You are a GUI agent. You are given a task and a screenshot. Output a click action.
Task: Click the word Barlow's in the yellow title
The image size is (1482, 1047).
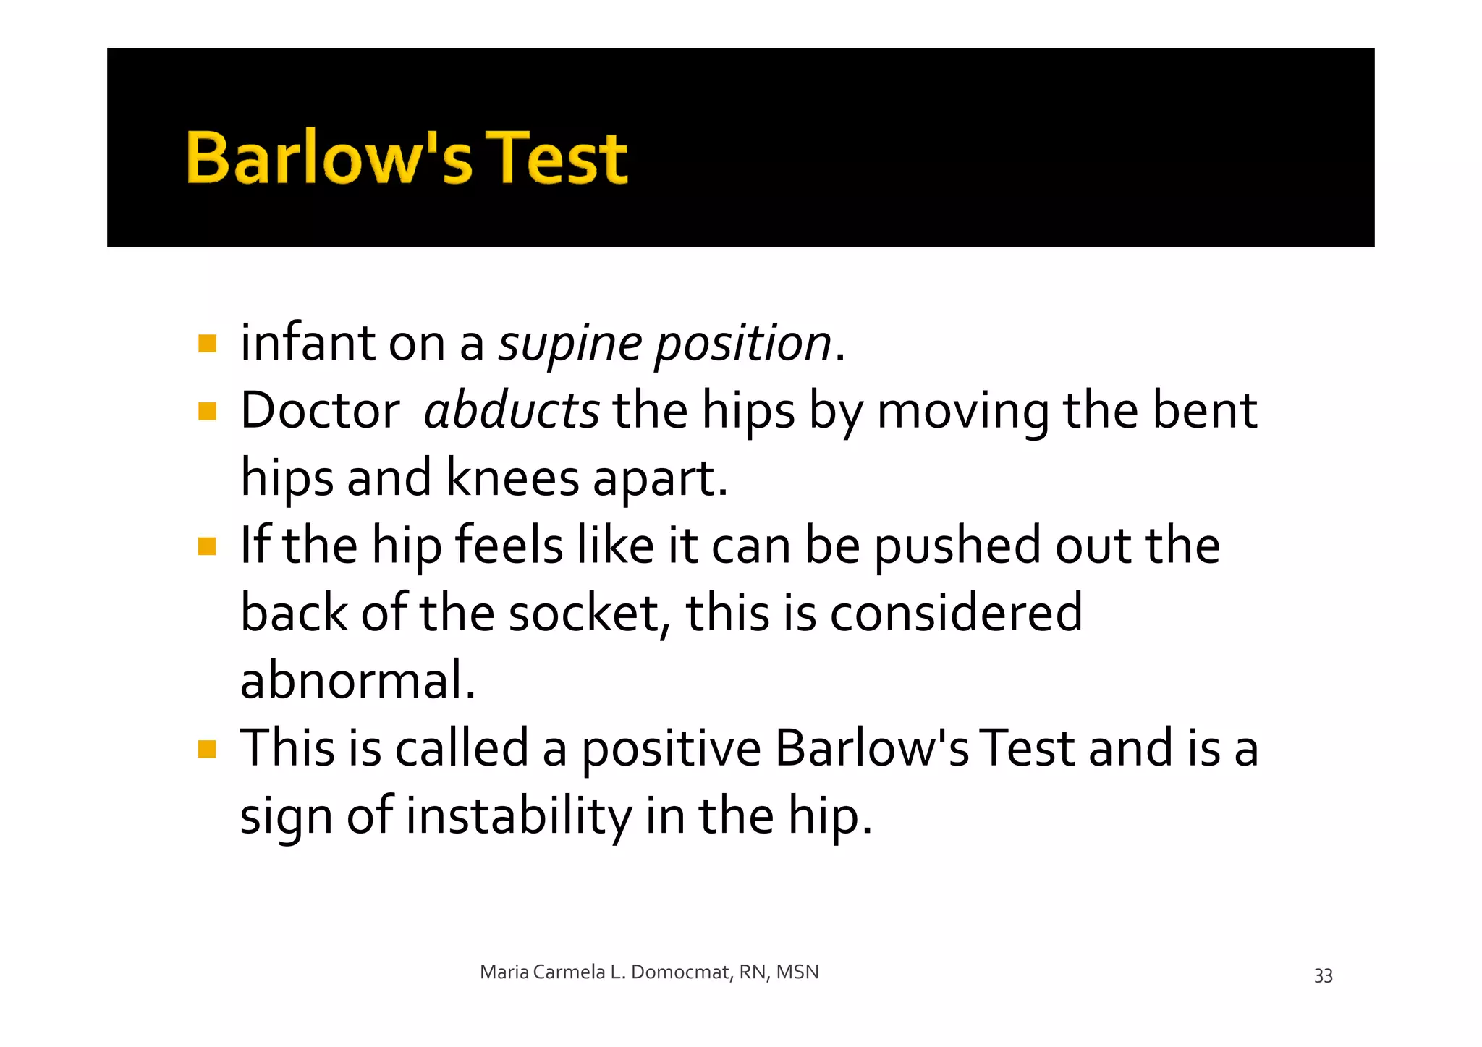click(x=329, y=157)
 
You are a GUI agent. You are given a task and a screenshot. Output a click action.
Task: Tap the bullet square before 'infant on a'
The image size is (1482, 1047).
click(x=208, y=343)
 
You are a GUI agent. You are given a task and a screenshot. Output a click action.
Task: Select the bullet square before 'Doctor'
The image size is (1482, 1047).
click(x=208, y=411)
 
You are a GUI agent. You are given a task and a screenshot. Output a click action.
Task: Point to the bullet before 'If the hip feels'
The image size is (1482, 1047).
click(x=208, y=546)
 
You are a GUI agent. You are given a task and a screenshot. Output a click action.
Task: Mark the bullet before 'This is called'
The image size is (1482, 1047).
click(x=208, y=748)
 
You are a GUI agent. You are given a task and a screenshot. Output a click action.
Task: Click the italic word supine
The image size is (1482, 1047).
click(x=570, y=343)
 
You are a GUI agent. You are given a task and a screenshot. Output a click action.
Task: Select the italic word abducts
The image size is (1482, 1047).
click(x=511, y=410)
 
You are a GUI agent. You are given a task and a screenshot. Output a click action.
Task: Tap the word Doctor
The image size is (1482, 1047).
click(x=320, y=410)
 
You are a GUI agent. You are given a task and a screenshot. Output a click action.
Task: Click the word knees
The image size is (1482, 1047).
click(x=512, y=478)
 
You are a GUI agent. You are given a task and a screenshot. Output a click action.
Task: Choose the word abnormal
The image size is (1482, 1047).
click(x=357, y=680)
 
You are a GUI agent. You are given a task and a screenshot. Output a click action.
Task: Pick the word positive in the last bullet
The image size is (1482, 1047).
click(x=671, y=748)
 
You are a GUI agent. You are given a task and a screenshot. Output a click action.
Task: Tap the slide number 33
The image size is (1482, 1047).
click(x=1323, y=975)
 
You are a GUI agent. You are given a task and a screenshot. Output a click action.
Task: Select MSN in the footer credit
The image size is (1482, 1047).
click(x=797, y=972)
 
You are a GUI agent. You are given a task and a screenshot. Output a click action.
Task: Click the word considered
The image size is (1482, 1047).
click(x=956, y=613)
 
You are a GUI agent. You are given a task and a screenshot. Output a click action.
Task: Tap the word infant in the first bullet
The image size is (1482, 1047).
click(x=308, y=343)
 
